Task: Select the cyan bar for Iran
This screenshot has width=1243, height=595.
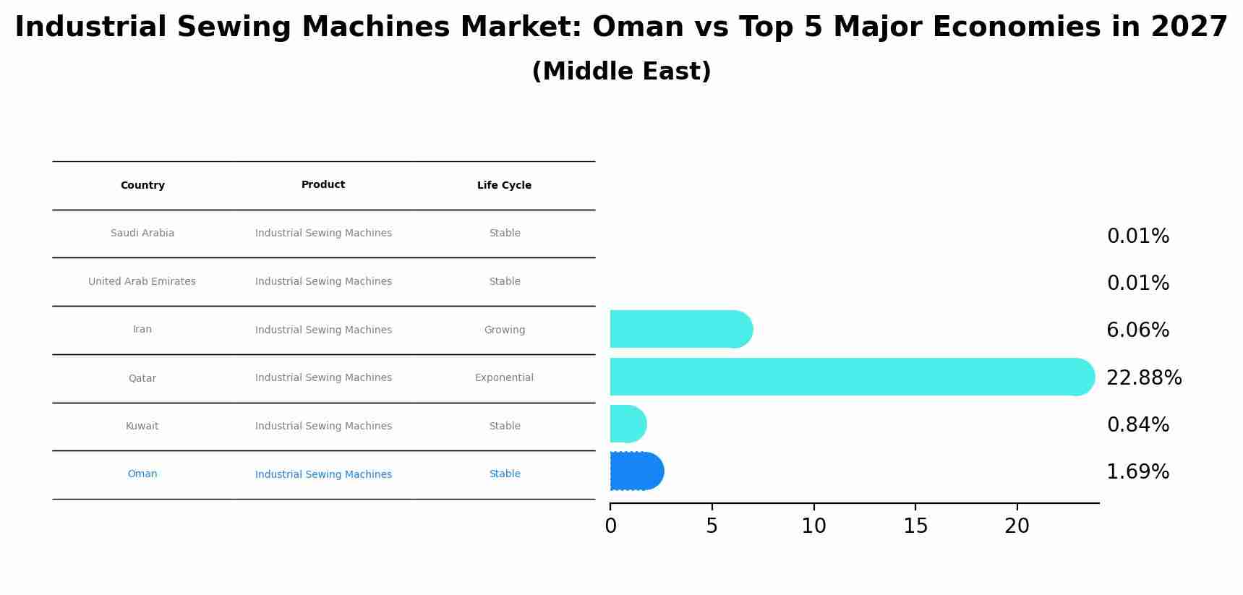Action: tap(680, 329)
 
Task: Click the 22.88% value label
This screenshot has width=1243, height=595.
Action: tap(1144, 378)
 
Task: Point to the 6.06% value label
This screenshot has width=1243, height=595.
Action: tap(1137, 330)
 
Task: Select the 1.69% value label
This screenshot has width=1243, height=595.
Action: tap(1137, 472)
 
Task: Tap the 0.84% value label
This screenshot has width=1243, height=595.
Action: tap(1137, 425)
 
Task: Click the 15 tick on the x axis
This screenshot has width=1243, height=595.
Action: tap(915, 526)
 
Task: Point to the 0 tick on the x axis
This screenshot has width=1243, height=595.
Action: tap(610, 526)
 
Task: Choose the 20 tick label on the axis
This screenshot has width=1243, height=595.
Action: tap(1017, 526)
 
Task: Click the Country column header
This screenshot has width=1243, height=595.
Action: tap(142, 186)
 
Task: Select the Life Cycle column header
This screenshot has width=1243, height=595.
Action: tap(504, 186)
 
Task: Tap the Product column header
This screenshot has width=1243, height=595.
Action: tap(323, 185)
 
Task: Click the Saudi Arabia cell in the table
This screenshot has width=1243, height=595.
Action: tap(142, 234)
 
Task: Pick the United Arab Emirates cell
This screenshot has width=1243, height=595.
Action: tap(142, 282)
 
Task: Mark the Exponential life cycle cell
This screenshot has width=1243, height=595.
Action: tap(504, 378)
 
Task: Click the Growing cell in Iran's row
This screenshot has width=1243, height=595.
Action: tap(504, 330)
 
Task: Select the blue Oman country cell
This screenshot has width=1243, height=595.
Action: tap(142, 474)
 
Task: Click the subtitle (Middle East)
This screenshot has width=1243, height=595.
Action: tap(621, 72)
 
